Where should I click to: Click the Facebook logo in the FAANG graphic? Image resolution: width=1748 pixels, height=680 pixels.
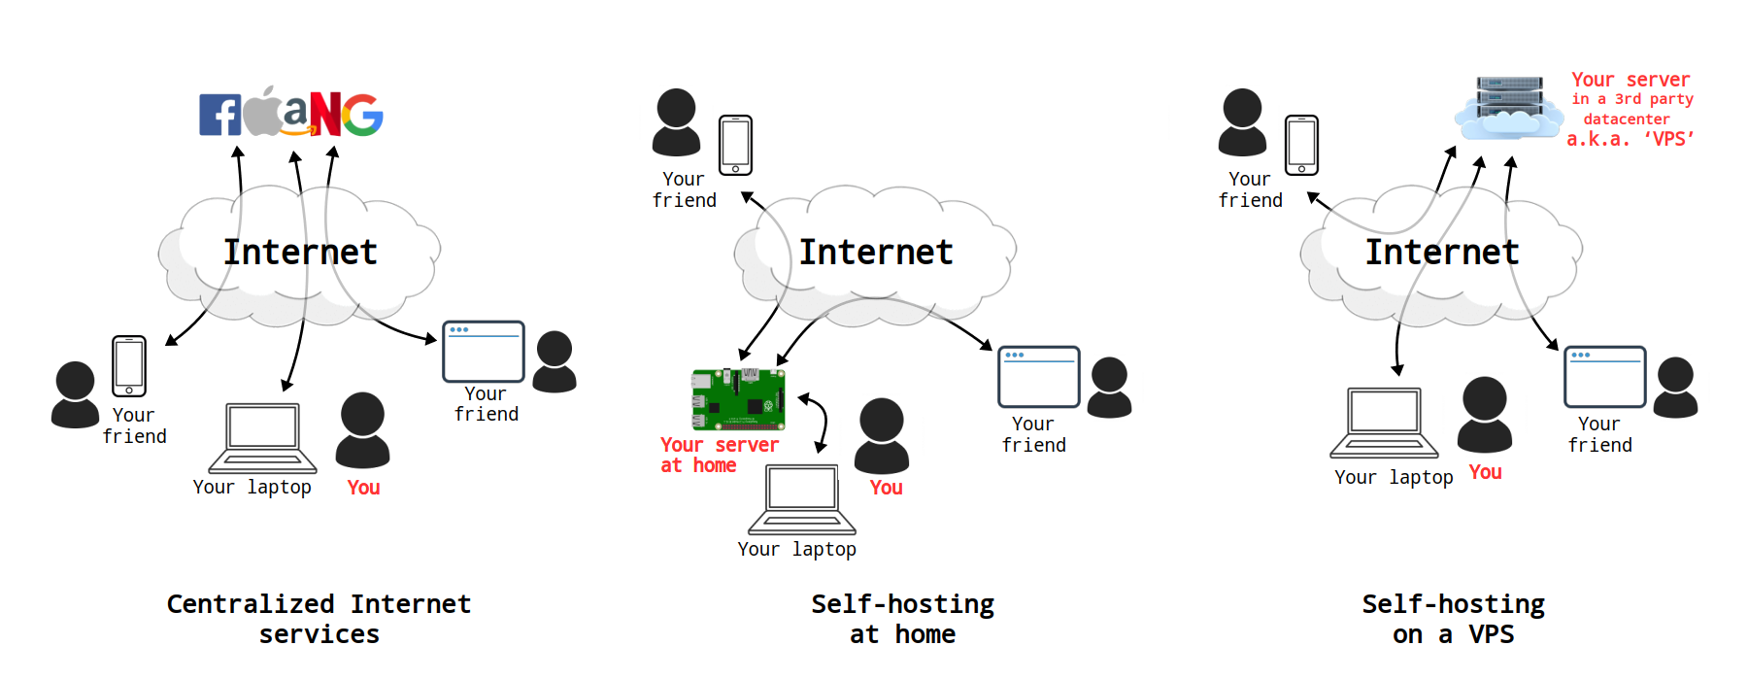click(x=219, y=115)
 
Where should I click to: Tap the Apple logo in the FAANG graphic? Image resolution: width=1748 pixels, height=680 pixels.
click(x=261, y=113)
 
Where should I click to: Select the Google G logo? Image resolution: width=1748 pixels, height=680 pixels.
click(x=363, y=115)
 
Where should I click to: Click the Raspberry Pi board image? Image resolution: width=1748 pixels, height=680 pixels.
click(x=738, y=398)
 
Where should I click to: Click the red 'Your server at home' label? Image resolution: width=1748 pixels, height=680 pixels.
click(x=719, y=455)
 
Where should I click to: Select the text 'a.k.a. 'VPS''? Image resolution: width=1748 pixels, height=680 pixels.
click(x=1630, y=139)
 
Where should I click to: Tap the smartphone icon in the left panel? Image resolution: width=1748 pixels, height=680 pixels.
click(x=129, y=366)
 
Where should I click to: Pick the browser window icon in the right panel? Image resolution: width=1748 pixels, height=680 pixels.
click(x=1604, y=377)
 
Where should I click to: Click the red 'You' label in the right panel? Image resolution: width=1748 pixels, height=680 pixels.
click(x=1485, y=472)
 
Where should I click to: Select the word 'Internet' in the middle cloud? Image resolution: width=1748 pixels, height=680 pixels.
click(x=876, y=253)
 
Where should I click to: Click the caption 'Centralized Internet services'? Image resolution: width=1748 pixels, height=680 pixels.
click(x=319, y=619)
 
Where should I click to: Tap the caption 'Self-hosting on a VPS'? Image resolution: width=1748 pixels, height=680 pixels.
click(x=1453, y=619)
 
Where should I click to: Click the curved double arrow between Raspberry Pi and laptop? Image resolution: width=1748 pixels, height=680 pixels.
click(x=818, y=421)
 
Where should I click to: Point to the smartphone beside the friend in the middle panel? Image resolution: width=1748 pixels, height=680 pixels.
click(x=735, y=145)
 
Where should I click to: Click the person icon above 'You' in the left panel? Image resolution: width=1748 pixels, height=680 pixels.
click(x=362, y=430)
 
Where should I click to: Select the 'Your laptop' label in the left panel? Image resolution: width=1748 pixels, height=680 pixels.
click(x=252, y=487)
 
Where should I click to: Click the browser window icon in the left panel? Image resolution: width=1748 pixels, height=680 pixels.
click(x=483, y=352)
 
